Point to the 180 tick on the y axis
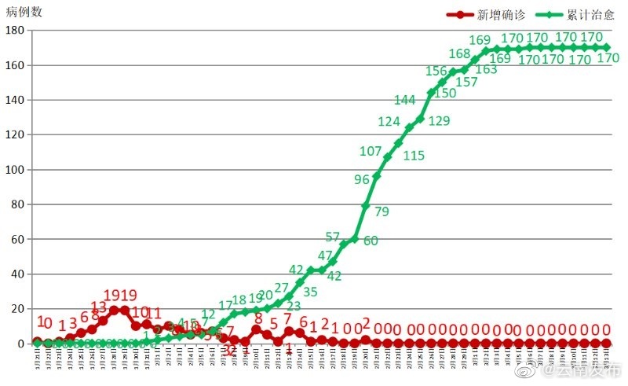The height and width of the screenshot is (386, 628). point(14,30)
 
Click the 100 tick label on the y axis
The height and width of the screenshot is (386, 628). point(14,170)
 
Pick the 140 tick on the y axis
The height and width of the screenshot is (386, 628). point(14,100)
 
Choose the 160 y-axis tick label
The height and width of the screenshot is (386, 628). point(14,65)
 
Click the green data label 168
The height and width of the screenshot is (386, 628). point(459,53)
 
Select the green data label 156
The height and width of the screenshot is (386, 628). point(436,71)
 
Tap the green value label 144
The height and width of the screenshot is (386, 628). point(404,100)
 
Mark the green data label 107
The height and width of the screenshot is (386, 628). point(371,151)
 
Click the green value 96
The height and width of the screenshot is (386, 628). point(361,179)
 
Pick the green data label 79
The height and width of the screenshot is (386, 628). point(382,211)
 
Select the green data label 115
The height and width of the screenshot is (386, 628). point(414,156)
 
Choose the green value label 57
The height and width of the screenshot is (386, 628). point(332,237)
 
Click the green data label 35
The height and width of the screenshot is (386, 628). point(310,292)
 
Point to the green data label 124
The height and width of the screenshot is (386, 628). point(389,122)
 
